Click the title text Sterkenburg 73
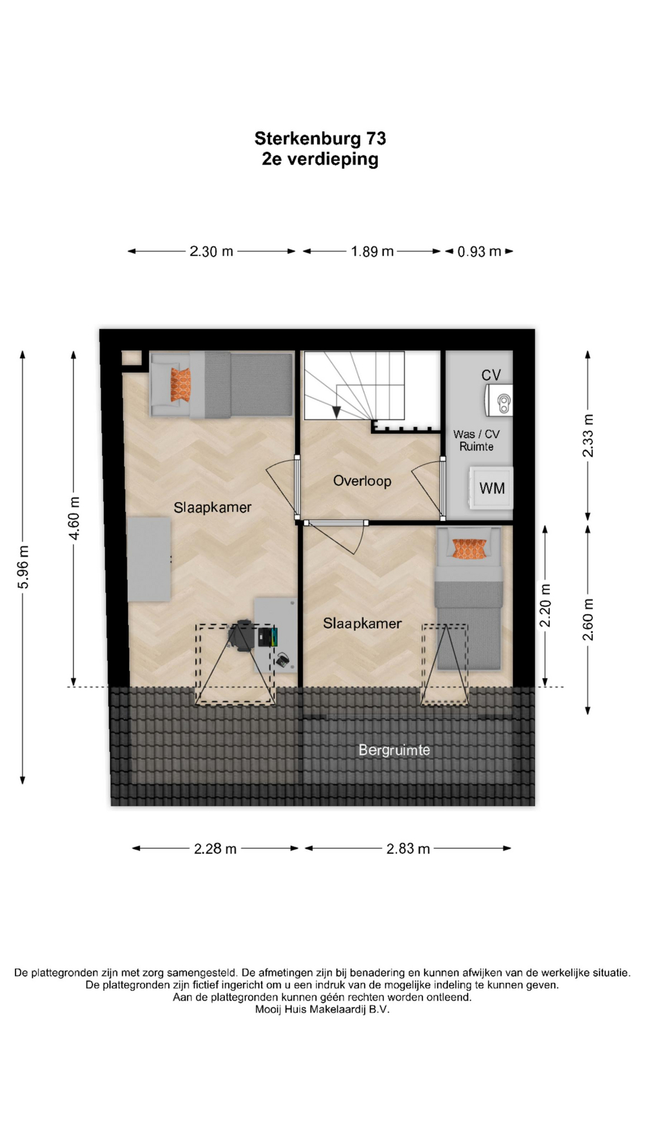(x=320, y=139)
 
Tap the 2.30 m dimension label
(x=211, y=252)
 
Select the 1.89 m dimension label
(x=372, y=252)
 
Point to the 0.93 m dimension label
(x=479, y=252)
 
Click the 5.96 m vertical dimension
(x=23, y=567)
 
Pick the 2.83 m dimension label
(x=408, y=849)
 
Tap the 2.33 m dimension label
(x=588, y=436)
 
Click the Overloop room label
(x=362, y=481)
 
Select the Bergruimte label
(x=394, y=750)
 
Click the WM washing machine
(x=491, y=487)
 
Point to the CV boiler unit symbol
(x=499, y=400)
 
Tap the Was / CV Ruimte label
(x=477, y=440)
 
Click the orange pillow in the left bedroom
(x=180, y=385)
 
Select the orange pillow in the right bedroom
(x=469, y=548)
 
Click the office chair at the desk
(x=243, y=636)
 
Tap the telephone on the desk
(x=282, y=660)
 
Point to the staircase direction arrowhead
(x=336, y=412)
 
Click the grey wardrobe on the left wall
(x=149, y=560)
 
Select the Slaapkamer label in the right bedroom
(x=362, y=623)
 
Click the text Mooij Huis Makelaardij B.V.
(x=322, y=1010)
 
